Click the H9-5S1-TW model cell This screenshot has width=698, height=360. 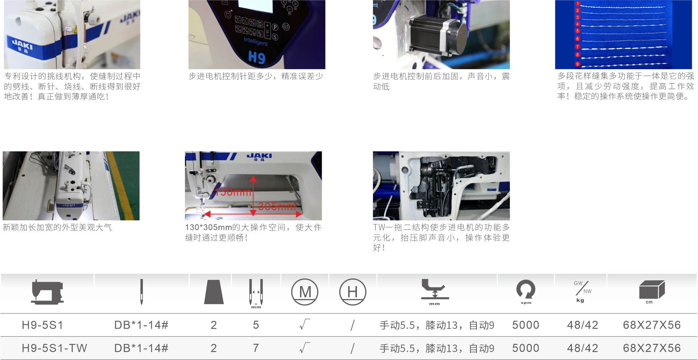coord(54,348)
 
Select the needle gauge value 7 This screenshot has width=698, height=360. coord(256,348)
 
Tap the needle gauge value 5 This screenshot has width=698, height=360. coord(256,325)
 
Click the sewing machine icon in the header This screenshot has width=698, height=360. coord(47,292)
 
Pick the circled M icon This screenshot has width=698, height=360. coord(305,292)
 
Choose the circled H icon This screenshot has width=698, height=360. coord(353,292)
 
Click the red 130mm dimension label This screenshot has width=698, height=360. coord(233,192)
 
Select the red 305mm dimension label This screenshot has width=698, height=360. coord(277,207)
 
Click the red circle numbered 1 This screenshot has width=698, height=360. coord(578,4)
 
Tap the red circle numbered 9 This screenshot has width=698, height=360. coord(577,64)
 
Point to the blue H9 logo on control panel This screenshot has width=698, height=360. coord(257,57)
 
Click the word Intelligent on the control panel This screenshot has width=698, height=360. coord(256,42)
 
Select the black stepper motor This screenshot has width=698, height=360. coord(438,36)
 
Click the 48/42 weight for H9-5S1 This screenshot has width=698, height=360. coord(583,325)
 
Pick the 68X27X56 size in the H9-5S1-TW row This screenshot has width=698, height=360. coord(652,348)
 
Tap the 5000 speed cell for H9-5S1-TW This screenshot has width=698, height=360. coord(526,348)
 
